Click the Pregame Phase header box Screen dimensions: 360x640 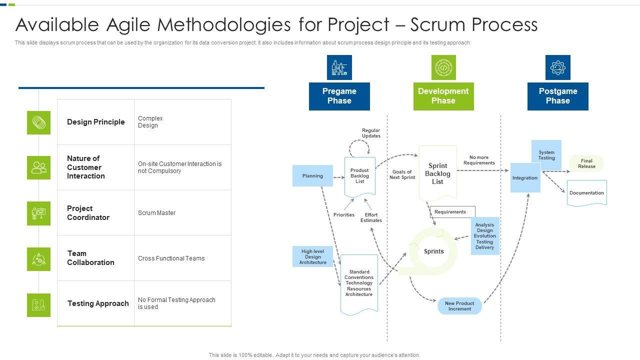point(339,96)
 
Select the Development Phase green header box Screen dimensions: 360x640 point(443,96)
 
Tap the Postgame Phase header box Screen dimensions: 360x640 point(557,96)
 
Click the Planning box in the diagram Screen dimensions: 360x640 point(312,176)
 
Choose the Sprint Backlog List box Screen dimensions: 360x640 point(437,173)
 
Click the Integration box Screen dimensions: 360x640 point(525,177)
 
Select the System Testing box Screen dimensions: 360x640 point(546,155)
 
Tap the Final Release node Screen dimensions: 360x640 point(586,163)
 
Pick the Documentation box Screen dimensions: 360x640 point(586,193)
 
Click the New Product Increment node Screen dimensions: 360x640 point(459,306)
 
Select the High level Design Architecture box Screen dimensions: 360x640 point(312,256)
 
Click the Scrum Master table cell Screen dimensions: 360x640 point(157,213)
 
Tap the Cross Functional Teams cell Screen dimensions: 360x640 point(171,258)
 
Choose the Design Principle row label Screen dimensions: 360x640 point(95,122)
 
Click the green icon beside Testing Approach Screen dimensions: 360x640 point(38,305)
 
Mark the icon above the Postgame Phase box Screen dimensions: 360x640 point(557,67)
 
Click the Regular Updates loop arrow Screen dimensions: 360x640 point(359,147)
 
